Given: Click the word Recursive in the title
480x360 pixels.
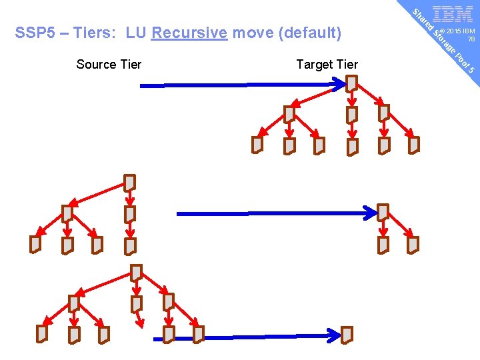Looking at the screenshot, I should (x=189, y=33).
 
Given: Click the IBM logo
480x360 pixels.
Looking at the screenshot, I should (x=453, y=15).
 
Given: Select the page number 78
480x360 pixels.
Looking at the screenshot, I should (x=471, y=39).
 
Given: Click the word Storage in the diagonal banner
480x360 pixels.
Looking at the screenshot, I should (x=444, y=42).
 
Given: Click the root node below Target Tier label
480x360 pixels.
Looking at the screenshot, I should (x=351, y=84).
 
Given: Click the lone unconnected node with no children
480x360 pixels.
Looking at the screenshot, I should (x=347, y=334).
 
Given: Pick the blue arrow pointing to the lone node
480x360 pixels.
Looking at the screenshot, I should (x=247, y=337).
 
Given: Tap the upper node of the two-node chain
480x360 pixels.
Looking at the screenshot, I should (x=383, y=213).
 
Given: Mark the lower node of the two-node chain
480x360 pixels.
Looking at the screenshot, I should (x=383, y=245).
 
